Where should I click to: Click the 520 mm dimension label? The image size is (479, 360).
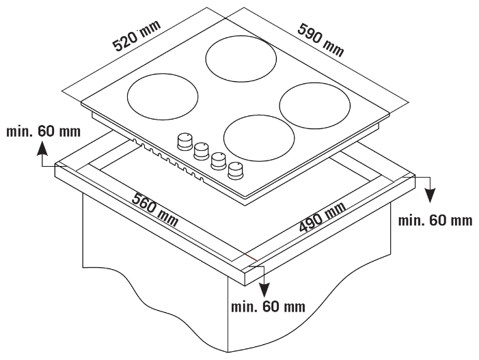[x=137, y=36]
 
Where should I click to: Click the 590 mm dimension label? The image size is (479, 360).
[x=320, y=40]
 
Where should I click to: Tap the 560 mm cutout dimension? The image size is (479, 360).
[x=155, y=210]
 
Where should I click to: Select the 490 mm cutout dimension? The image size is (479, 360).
[x=323, y=217]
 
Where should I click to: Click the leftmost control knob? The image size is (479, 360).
[x=184, y=142]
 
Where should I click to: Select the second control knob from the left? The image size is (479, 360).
[x=202, y=151]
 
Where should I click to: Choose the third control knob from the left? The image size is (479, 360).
[x=219, y=161]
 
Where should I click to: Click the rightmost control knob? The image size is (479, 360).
[x=236, y=170]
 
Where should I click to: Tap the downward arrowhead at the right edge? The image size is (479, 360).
[x=430, y=195]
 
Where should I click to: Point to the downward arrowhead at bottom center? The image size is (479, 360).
[x=264, y=290]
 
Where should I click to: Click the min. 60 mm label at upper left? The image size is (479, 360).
[x=43, y=132]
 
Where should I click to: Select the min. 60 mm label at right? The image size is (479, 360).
[x=435, y=220]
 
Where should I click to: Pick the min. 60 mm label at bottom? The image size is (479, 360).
[x=269, y=307]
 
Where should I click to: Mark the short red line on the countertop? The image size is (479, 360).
[x=250, y=257]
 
